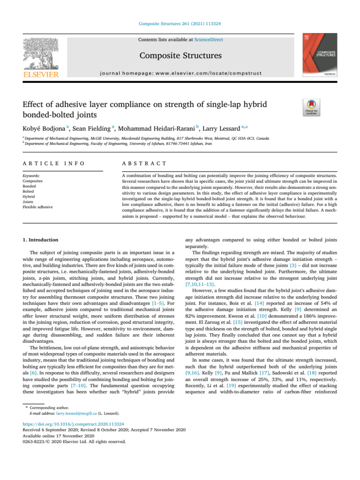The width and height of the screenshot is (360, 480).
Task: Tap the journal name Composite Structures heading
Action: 180,56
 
